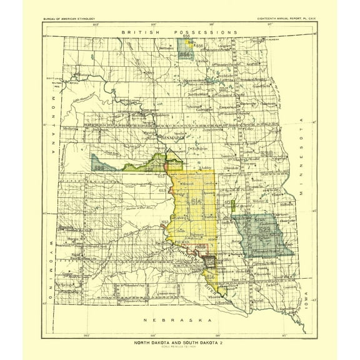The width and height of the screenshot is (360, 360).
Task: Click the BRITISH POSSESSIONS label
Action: click(180, 31)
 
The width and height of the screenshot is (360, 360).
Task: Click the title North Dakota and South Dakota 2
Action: click(179, 342)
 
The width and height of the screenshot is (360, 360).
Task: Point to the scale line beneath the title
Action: click(179, 347)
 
